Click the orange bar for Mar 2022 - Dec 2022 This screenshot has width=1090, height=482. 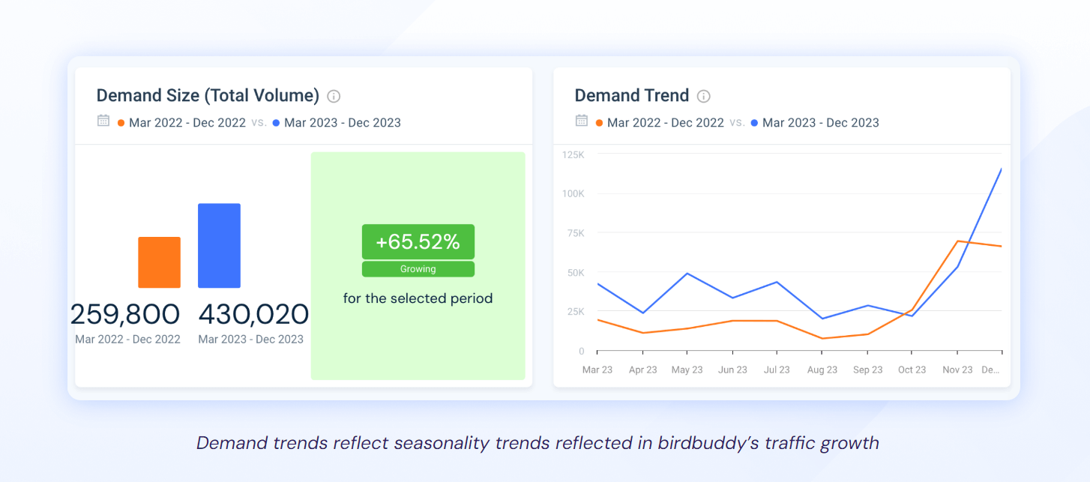click(x=159, y=262)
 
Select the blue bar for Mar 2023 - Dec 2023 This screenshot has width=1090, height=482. click(x=219, y=246)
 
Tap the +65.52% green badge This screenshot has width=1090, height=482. click(x=418, y=242)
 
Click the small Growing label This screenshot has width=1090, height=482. click(x=418, y=269)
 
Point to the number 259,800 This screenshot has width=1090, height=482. click(x=125, y=314)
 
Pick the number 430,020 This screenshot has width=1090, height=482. click(x=253, y=314)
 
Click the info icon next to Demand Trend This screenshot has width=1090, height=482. click(x=703, y=96)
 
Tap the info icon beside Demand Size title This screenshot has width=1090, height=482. click(x=334, y=96)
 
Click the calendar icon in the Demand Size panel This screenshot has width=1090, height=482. click(x=103, y=121)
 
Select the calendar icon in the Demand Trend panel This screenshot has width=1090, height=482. click(x=581, y=121)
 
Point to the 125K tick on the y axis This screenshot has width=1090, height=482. click(x=573, y=154)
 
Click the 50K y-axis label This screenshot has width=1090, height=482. click(x=575, y=273)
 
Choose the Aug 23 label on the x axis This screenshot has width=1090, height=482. click(x=822, y=370)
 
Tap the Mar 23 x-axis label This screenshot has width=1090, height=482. click(x=597, y=370)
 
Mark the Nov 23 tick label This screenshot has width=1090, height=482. click(x=957, y=370)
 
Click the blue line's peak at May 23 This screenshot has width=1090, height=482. click(x=687, y=274)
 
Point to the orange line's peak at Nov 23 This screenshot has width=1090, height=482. click(x=957, y=241)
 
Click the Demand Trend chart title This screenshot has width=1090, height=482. click(x=631, y=96)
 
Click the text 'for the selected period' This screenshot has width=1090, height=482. click(x=418, y=298)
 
